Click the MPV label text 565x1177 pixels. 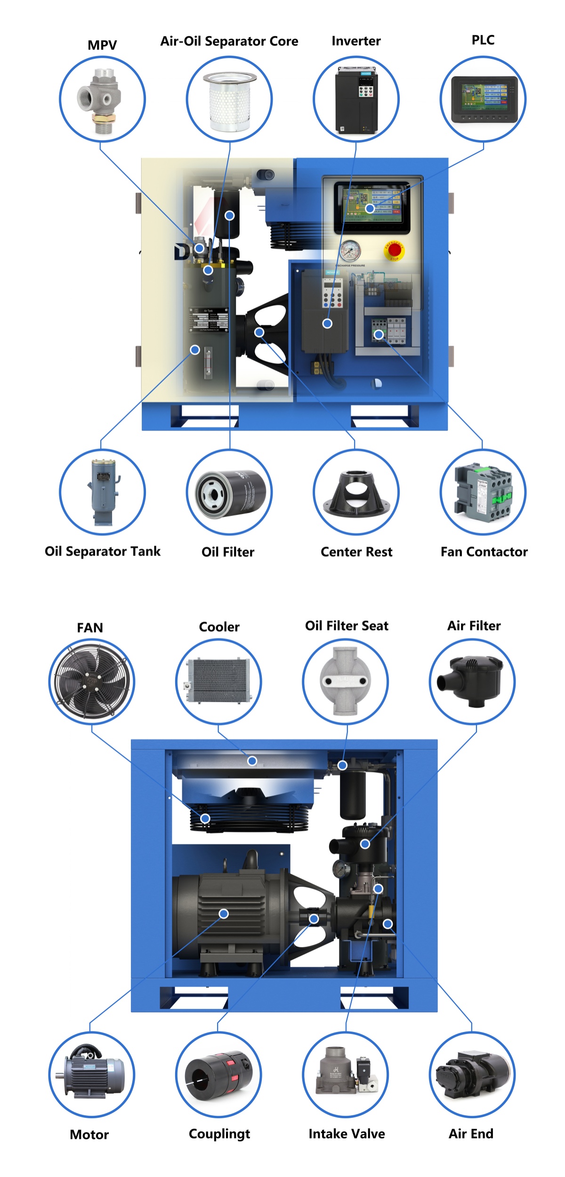pyautogui.click(x=102, y=45)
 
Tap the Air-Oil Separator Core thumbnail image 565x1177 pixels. pyautogui.click(x=229, y=100)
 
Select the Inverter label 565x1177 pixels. pyautogui.click(x=356, y=41)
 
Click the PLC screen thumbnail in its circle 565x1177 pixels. pyautogui.click(x=483, y=99)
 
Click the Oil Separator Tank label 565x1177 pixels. pyautogui.click(x=103, y=551)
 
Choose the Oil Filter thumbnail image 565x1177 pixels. pyautogui.click(x=230, y=492)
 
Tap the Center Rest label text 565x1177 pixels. pyautogui.click(x=356, y=552)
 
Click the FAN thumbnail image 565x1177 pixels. pyautogui.click(x=91, y=681)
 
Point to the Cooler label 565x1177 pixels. pyautogui.click(x=219, y=627)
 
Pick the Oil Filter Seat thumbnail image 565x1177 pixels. pyautogui.click(x=346, y=681)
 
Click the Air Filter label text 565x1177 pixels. pyautogui.click(x=474, y=626)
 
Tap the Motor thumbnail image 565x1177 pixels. pyautogui.click(x=91, y=1075)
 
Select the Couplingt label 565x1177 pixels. pyautogui.click(x=219, y=1134)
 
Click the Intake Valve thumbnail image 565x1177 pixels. pyautogui.click(x=346, y=1075)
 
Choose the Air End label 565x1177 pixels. pyautogui.click(x=471, y=1134)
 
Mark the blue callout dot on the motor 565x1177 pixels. pyautogui.click(x=224, y=914)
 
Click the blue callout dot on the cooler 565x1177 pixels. pyautogui.click(x=252, y=761)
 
